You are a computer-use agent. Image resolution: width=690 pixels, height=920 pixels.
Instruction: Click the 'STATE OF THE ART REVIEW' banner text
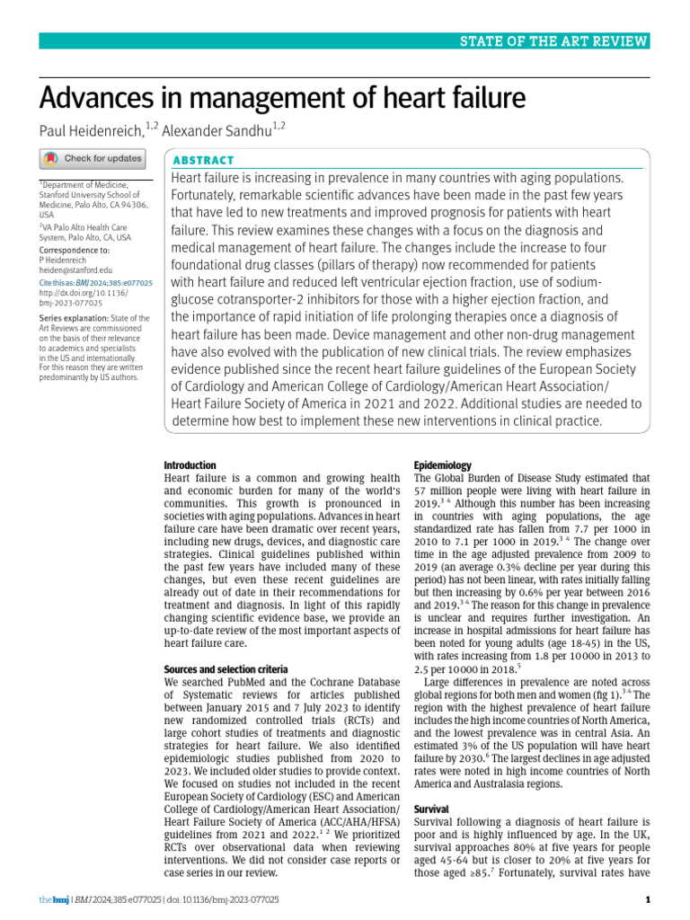(554, 41)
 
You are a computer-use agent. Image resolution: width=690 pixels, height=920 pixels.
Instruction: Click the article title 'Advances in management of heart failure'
(281, 98)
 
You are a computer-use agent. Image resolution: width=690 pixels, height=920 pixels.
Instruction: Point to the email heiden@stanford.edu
(76, 270)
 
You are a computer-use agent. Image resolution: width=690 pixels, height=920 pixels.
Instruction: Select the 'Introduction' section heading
(190, 465)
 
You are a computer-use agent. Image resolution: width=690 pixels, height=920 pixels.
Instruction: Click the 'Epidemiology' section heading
(442, 465)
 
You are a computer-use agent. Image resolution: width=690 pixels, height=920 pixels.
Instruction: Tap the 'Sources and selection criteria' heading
(226, 670)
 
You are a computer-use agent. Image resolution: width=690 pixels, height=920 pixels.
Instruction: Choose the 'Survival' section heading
(431, 809)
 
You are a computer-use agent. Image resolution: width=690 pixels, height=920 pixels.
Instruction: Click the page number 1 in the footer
(647, 899)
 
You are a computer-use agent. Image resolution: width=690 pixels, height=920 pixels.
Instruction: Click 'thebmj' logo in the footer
(52, 899)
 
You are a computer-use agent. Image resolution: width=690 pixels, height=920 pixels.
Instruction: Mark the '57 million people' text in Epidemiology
(457, 491)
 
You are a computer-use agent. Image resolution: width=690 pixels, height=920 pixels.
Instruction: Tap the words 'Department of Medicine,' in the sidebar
(85, 184)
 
